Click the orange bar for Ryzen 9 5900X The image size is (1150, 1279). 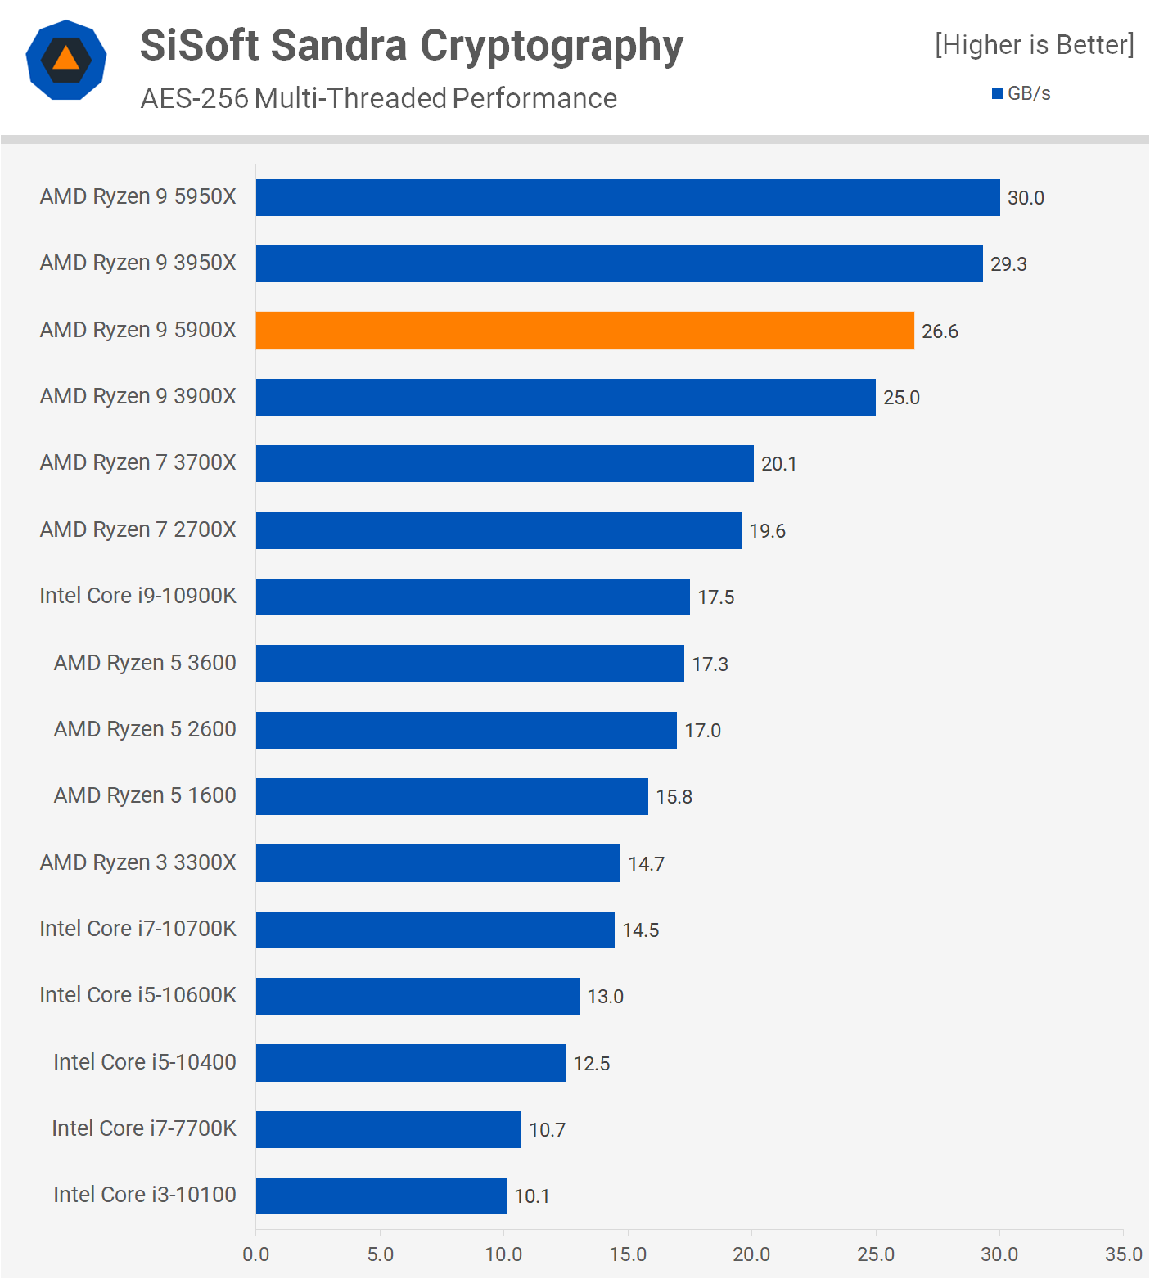point(584,331)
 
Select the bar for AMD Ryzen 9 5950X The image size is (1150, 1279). point(628,198)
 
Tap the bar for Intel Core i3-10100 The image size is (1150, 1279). point(381,1196)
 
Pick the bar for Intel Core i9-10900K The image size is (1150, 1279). point(472,597)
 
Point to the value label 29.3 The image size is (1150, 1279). point(1008,264)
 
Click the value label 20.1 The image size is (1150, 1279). point(778,464)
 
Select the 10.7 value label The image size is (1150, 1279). point(547,1130)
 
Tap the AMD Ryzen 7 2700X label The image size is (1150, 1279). point(138,529)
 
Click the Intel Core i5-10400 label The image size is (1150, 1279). point(144,1062)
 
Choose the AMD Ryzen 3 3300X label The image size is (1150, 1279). point(138,862)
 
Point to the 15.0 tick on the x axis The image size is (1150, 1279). point(628,1254)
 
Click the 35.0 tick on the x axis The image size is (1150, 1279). point(1123,1254)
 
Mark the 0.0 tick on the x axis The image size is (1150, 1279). point(256,1254)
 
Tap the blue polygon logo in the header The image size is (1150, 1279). point(66,60)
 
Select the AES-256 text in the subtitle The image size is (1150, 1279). point(194,98)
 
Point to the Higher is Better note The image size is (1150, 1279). point(1035,44)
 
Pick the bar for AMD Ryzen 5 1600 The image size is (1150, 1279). point(452,796)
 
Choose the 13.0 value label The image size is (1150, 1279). point(605,997)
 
